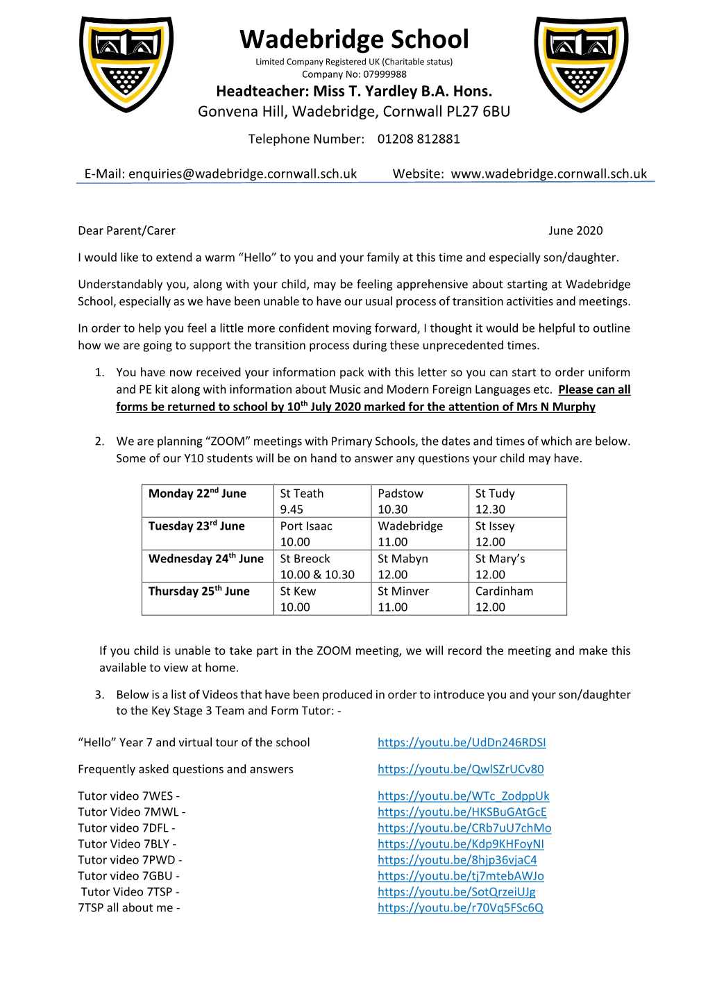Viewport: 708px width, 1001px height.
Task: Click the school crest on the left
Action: (126, 64)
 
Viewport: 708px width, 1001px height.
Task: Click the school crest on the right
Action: (581, 64)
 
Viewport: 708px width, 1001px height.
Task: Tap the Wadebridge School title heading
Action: (354, 40)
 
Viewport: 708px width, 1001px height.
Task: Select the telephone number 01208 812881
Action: (419, 139)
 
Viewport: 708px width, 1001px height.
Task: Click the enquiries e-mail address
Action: (242, 174)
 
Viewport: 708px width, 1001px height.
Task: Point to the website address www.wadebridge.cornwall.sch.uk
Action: (548, 174)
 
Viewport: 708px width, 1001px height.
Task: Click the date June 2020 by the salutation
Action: (575, 230)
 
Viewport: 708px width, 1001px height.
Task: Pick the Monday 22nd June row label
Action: (198, 494)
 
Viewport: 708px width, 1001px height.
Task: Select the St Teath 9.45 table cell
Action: (322, 501)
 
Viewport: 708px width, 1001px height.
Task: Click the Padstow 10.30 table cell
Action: (419, 501)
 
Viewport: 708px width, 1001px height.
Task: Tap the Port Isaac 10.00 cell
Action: (322, 534)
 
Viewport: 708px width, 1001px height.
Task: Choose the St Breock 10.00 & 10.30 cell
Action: (322, 566)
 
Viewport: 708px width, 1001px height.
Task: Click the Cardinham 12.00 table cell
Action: (517, 599)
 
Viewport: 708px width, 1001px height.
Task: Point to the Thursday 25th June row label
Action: (199, 591)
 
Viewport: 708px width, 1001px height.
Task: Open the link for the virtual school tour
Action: (462, 743)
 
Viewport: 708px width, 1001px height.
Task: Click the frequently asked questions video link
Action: (460, 769)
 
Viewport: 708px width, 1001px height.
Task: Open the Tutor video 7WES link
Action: (463, 796)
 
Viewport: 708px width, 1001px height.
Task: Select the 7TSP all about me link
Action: (460, 908)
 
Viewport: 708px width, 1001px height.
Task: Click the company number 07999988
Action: (385, 74)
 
